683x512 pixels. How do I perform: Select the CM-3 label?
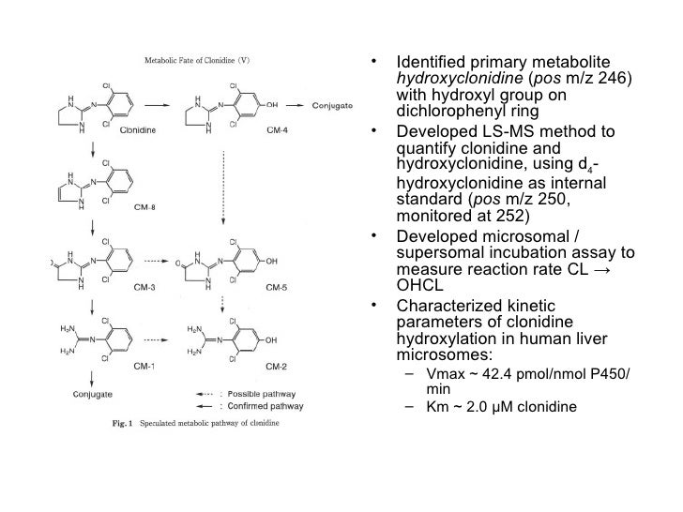[x=137, y=287]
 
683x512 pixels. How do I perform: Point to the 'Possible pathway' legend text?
[x=268, y=394]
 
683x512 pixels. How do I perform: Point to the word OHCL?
[x=418, y=285]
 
